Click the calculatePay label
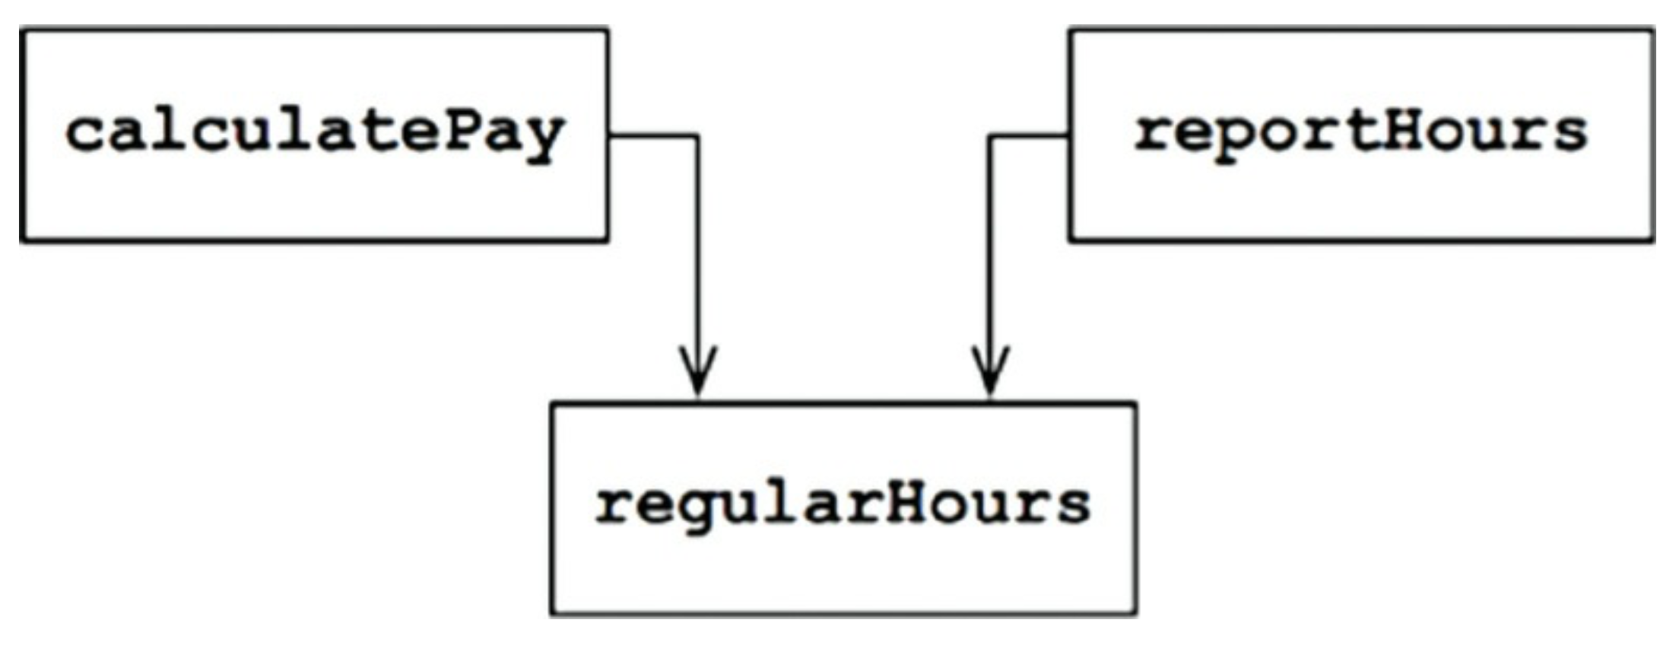[x=315, y=134]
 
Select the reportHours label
[x=1360, y=132]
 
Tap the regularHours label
[x=843, y=505]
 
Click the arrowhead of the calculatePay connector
[x=698, y=376]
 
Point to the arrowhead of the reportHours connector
[x=990, y=376]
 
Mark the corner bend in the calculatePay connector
[x=698, y=137]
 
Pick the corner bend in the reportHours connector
[x=990, y=137]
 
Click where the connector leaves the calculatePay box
[x=610, y=136]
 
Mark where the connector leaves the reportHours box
[x=1068, y=136]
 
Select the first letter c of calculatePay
[x=85, y=135]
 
